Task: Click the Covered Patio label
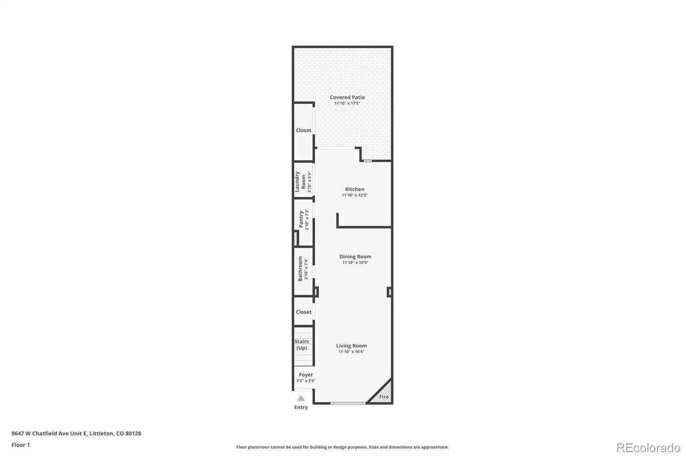[x=347, y=97]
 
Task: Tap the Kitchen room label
[x=355, y=189]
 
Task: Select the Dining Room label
[x=355, y=257]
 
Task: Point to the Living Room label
[x=351, y=346]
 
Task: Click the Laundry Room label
[x=300, y=181]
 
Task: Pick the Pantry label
[x=301, y=219]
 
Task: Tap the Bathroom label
[x=300, y=269]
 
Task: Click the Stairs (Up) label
[x=301, y=344]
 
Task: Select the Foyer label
[x=306, y=375]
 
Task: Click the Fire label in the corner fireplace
[x=384, y=397]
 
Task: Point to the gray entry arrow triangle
[x=301, y=398]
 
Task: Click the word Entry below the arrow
[x=301, y=407]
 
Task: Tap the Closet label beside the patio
[x=304, y=130]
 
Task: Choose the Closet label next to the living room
[x=304, y=312]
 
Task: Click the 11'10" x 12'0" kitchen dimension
[x=355, y=195]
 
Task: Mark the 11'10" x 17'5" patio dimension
[x=347, y=103]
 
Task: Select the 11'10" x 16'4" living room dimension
[x=351, y=352]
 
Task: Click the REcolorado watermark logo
[x=648, y=448]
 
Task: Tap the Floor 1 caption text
[x=21, y=445]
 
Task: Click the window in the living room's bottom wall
[x=348, y=403]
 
